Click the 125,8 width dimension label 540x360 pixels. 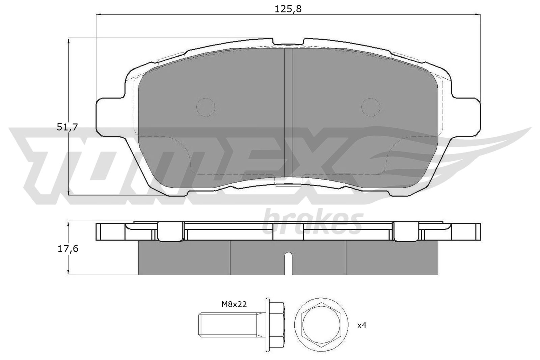coord(288,9)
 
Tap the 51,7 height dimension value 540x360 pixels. coord(67,127)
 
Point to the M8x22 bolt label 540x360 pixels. coord(234,305)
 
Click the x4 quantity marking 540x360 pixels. coord(361,326)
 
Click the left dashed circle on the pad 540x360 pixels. coord(206,107)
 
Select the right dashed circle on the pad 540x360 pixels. coord(371,107)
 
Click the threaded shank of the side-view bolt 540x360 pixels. coord(232,324)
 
